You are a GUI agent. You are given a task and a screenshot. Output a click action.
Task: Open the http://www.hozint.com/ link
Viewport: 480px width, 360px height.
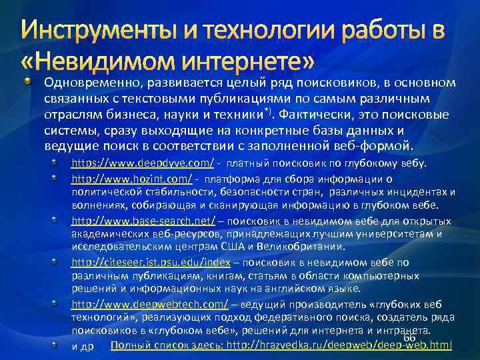point(132,179)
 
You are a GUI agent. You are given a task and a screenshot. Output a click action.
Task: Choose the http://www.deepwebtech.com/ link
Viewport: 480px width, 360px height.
point(150,305)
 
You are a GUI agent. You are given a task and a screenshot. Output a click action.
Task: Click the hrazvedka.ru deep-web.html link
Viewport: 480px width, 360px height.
point(339,345)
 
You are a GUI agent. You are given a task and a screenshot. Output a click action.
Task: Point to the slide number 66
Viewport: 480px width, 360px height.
point(410,339)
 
